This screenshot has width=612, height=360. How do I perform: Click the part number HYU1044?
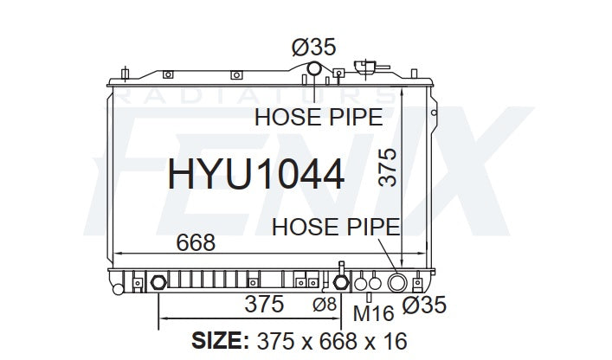(x=256, y=174)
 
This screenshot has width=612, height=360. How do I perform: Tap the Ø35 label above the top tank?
(x=313, y=48)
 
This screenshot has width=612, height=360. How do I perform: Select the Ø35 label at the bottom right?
(x=424, y=305)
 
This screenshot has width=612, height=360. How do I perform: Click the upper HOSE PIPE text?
(x=319, y=117)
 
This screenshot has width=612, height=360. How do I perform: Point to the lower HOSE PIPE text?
(x=336, y=227)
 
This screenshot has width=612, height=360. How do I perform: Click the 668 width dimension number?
(x=196, y=242)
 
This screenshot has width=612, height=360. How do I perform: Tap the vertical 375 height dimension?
(x=388, y=167)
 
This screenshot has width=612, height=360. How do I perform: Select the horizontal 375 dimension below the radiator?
(x=264, y=304)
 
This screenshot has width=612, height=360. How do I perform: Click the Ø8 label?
(x=325, y=305)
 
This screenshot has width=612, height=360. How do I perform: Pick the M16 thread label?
(x=374, y=313)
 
